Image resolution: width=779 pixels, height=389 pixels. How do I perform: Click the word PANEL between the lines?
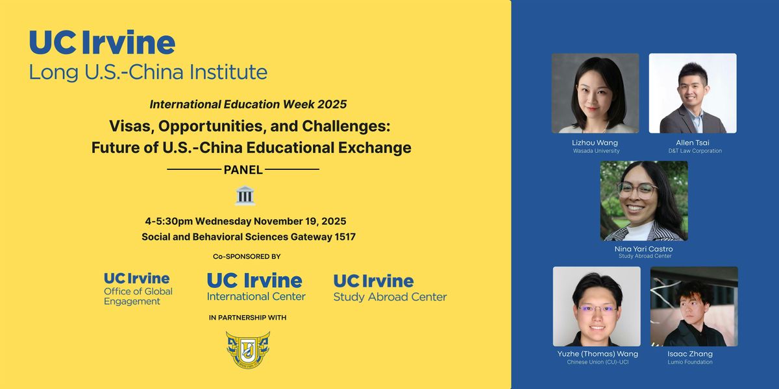243,170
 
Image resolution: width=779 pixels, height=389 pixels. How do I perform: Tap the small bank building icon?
245,195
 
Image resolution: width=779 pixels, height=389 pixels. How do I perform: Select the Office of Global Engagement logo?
138,289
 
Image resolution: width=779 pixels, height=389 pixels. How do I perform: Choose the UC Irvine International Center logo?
256,287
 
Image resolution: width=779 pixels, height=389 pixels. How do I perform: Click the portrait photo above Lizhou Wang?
595,93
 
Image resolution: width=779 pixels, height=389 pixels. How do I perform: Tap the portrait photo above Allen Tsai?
693,93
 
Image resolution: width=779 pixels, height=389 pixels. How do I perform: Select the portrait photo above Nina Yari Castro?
644,201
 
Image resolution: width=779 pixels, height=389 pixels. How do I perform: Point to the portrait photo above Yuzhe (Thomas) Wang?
597,306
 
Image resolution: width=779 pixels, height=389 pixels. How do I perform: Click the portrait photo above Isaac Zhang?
694,306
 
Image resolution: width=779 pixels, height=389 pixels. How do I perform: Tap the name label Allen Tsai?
693,143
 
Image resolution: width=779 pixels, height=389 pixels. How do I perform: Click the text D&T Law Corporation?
693,151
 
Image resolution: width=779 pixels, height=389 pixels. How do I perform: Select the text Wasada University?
596,151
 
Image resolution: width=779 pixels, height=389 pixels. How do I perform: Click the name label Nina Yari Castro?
644,248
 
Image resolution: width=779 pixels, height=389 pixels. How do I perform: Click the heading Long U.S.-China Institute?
148,71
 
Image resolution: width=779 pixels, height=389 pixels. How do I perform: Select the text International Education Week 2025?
248,104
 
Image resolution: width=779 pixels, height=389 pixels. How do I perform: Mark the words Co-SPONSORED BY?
247,257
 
